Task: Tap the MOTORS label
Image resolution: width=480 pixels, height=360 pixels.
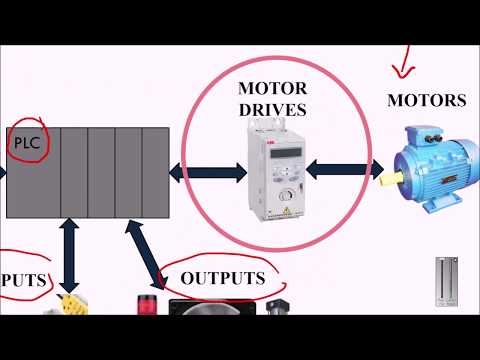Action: (x=426, y=100)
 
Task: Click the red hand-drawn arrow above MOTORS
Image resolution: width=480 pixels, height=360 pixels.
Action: (x=405, y=59)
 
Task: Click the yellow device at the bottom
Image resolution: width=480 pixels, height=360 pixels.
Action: (x=68, y=304)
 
